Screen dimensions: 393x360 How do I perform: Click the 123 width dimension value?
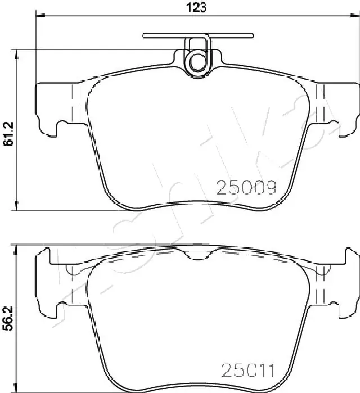tap(197, 7)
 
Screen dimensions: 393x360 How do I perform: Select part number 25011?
tap(248, 371)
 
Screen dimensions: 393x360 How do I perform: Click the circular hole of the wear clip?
tap(197, 60)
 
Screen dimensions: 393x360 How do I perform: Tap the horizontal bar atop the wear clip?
tap(197, 36)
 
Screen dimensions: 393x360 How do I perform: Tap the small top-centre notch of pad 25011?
tap(197, 256)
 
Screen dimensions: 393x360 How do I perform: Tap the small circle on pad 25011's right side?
tap(322, 270)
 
